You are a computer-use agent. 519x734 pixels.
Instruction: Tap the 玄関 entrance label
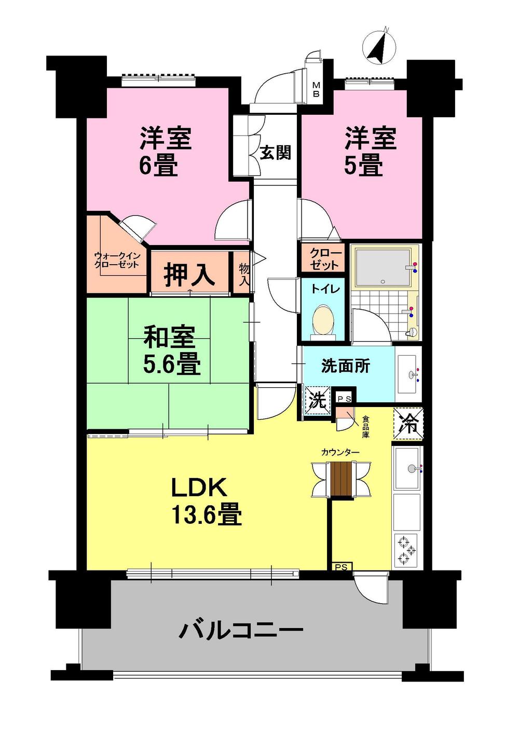[275, 153]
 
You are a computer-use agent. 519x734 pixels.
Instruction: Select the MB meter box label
[316, 90]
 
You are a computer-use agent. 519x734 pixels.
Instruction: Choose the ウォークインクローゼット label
[116, 260]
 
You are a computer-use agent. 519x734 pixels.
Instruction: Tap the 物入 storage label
[243, 275]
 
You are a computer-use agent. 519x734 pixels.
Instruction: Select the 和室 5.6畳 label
[171, 350]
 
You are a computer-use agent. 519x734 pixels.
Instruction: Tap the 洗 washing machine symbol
[317, 400]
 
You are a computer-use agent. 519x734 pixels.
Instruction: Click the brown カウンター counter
[342, 479]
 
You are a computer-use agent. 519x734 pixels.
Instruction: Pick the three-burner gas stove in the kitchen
[406, 551]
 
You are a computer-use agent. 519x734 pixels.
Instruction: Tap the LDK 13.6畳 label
[206, 501]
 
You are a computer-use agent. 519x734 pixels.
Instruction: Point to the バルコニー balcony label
[241, 631]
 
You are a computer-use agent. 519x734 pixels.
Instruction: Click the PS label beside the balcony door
[341, 567]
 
